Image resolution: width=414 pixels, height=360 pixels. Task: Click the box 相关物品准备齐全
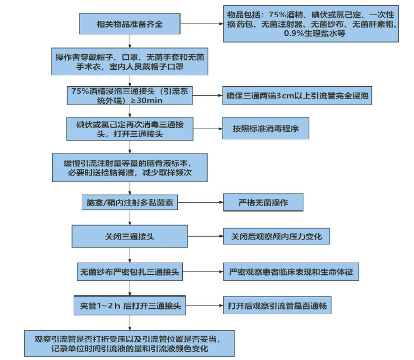(x=129, y=24)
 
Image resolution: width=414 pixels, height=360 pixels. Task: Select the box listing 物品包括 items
(x=311, y=24)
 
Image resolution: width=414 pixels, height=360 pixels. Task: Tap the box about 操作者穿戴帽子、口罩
(x=129, y=62)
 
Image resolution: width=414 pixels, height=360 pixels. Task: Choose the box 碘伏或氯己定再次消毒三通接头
(x=129, y=129)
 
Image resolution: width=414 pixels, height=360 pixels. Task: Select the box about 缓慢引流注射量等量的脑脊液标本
(x=129, y=168)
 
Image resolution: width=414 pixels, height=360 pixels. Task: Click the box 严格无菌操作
(x=263, y=203)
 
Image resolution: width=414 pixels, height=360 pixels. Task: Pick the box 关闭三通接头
(x=129, y=237)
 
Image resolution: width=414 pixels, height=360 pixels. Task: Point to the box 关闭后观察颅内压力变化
(x=276, y=237)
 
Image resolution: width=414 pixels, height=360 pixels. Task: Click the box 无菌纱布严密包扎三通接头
(x=129, y=272)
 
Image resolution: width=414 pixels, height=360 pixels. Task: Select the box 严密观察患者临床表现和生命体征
(x=291, y=272)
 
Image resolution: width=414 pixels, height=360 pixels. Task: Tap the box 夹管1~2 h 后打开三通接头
(x=129, y=306)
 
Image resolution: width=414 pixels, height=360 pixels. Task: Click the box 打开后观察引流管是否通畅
(x=277, y=306)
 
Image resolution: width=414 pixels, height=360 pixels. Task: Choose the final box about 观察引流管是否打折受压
(x=129, y=343)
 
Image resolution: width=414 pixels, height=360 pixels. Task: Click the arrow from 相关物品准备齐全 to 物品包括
(x=201, y=24)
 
